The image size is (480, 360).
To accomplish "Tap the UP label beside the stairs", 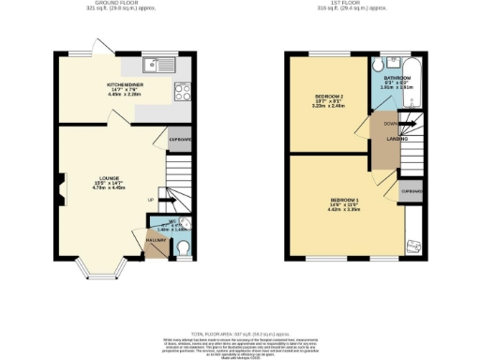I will pyautogui.click(x=150, y=200).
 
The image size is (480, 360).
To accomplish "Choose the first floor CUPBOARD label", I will pyautogui.click(x=411, y=191).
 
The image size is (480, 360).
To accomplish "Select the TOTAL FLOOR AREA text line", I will pyautogui.click(x=239, y=333).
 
